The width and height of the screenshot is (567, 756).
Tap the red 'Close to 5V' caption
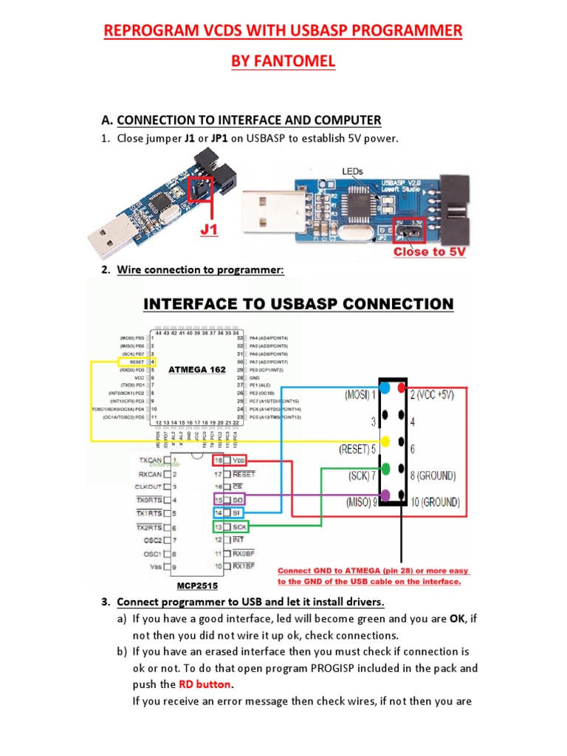(x=430, y=252)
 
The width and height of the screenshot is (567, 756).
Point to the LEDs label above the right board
(x=353, y=171)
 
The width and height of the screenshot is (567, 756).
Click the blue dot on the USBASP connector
(x=385, y=388)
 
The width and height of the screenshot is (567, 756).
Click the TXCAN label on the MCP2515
(x=150, y=460)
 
